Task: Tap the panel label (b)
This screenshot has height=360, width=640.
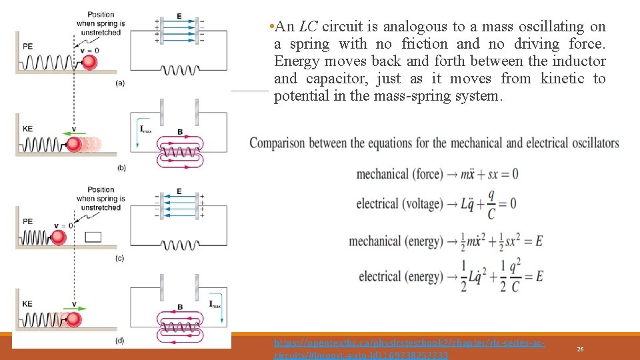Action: point(121,168)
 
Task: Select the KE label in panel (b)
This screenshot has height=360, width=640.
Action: point(27,129)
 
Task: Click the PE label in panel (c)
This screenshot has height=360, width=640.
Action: point(27,221)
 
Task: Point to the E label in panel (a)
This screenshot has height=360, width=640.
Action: point(179,15)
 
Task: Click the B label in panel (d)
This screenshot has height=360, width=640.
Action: point(179,307)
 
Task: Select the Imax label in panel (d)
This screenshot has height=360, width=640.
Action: point(215,305)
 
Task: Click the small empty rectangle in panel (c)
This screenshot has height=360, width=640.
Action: point(93,236)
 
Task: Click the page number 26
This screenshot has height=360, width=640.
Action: point(581,349)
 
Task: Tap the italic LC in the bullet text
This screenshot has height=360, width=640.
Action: point(308,27)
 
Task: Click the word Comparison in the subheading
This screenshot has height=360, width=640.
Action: point(285,143)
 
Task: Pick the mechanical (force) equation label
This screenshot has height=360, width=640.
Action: point(399,174)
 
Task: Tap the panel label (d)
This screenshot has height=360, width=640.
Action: point(119,341)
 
